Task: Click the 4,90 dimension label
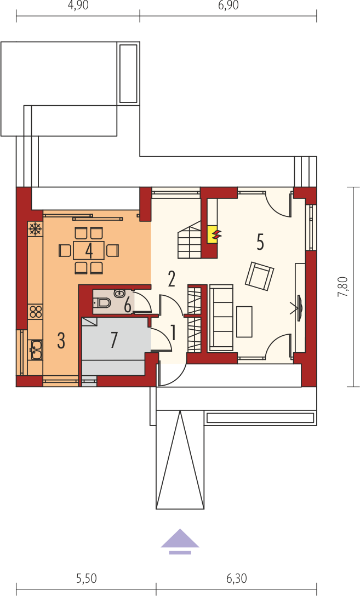click(x=77, y=6)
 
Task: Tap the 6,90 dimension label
click(x=228, y=6)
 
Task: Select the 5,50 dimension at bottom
click(x=86, y=579)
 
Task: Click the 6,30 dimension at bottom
click(x=237, y=579)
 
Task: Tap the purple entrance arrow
click(x=180, y=541)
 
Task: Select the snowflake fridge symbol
click(x=36, y=229)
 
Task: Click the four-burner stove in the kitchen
click(x=36, y=312)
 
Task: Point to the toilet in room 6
click(x=102, y=303)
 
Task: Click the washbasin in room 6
click(x=119, y=293)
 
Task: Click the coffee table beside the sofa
click(x=244, y=322)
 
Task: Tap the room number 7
click(x=114, y=340)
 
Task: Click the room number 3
click(x=61, y=340)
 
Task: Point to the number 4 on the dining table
click(x=89, y=251)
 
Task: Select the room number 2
click(x=172, y=279)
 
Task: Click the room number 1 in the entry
click(x=173, y=333)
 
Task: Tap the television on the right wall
click(x=298, y=307)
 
